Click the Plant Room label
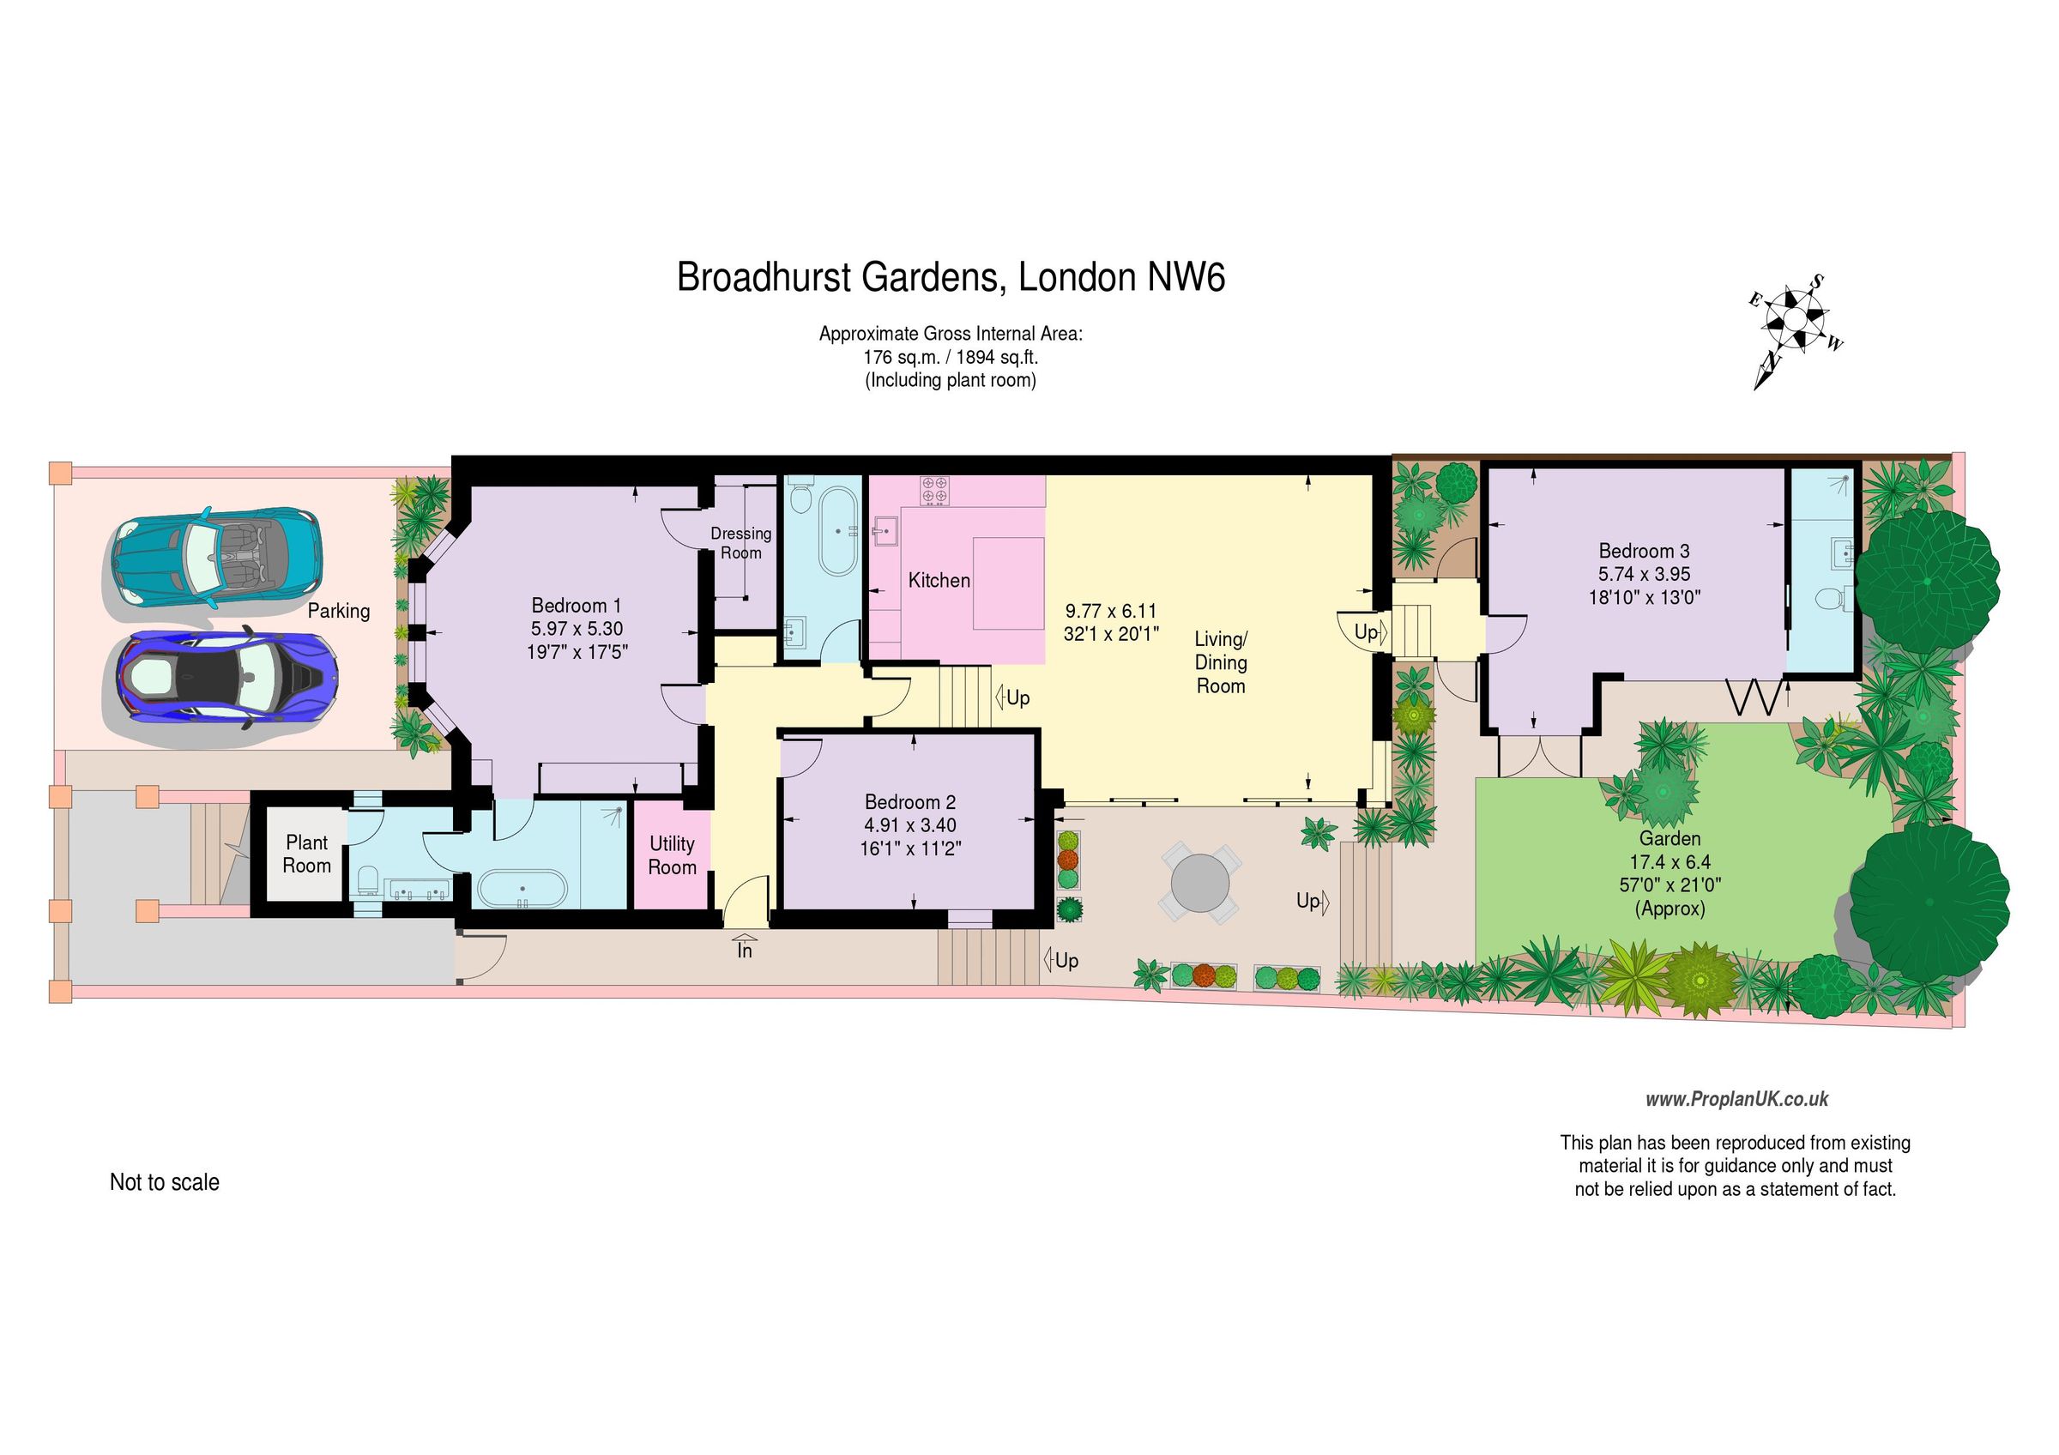pyautogui.click(x=306, y=854)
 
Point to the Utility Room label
pyautogui.click(x=672, y=855)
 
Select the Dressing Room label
pyautogui.click(x=740, y=543)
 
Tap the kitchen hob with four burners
pyautogui.click(x=933, y=490)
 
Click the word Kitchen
pyautogui.click(x=939, y=581)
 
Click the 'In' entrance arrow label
pyautogui.click(x=745, y=951)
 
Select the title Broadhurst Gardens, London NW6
pyautogui.click(x=950, y=278)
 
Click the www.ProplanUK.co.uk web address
pyautogui.click(x=1736, y=1099)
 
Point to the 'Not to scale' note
pyautogui.click(x=164, y=1182)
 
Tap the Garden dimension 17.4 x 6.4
pyautogui.click(x=1669, y=862)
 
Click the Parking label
pyautogui.click(x=338, y=612)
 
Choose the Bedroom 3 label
pyautogui.click(x=1644, y=552)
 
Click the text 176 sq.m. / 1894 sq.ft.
pyautogui.click(x=950, y=357)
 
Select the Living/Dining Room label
pyautogui.click(x=1221, y=662)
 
